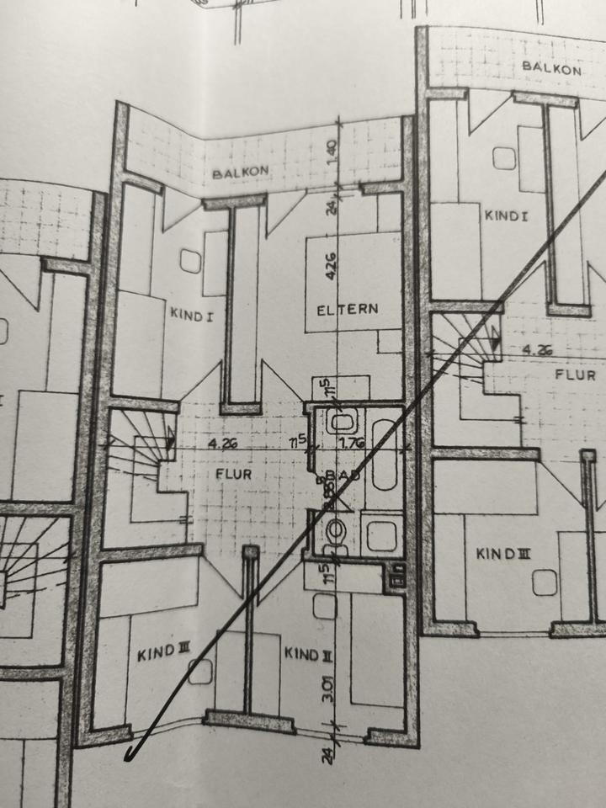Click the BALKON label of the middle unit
[x=241, y=173]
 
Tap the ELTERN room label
[x=347, y=310]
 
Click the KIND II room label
[x=302, y=653]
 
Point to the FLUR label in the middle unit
[x=233, y=474]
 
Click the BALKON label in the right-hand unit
[x=551, y=66]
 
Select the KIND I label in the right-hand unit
[x=506, y=215]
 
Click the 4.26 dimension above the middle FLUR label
[x=223, y=441]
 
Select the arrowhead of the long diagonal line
[x=130, y=755]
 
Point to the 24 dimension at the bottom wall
[x=327, y=754]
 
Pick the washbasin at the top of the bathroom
[x=341, y=420]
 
